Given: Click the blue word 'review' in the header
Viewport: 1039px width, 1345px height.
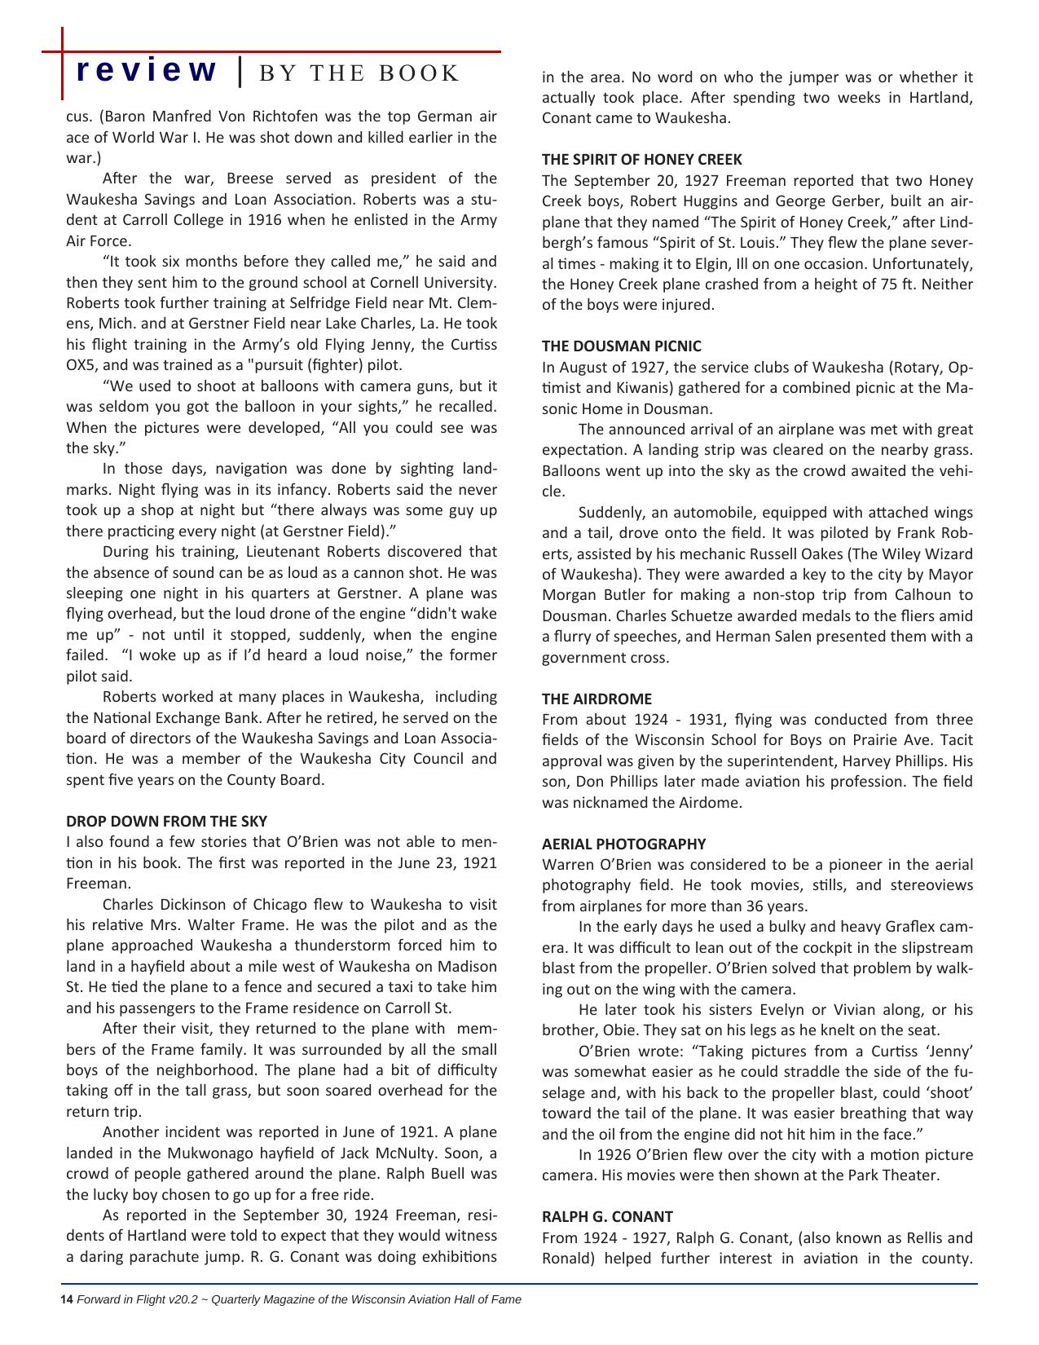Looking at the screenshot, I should (147, 72).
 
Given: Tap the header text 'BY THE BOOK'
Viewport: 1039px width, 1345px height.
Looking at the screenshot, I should (359, 73).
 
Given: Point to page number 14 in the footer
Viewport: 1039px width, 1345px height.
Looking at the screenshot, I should (67, 1299).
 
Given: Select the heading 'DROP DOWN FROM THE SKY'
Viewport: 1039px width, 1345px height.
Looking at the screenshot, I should (166, 821).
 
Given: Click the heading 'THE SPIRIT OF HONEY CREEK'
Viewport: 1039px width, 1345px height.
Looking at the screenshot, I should (642, 160).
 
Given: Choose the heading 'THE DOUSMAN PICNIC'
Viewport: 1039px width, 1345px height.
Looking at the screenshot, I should (622, 346).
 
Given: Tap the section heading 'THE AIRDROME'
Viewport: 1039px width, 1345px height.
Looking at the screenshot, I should (597, 699).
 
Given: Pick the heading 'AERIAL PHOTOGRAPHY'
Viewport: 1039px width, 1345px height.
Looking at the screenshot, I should (624, 844).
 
